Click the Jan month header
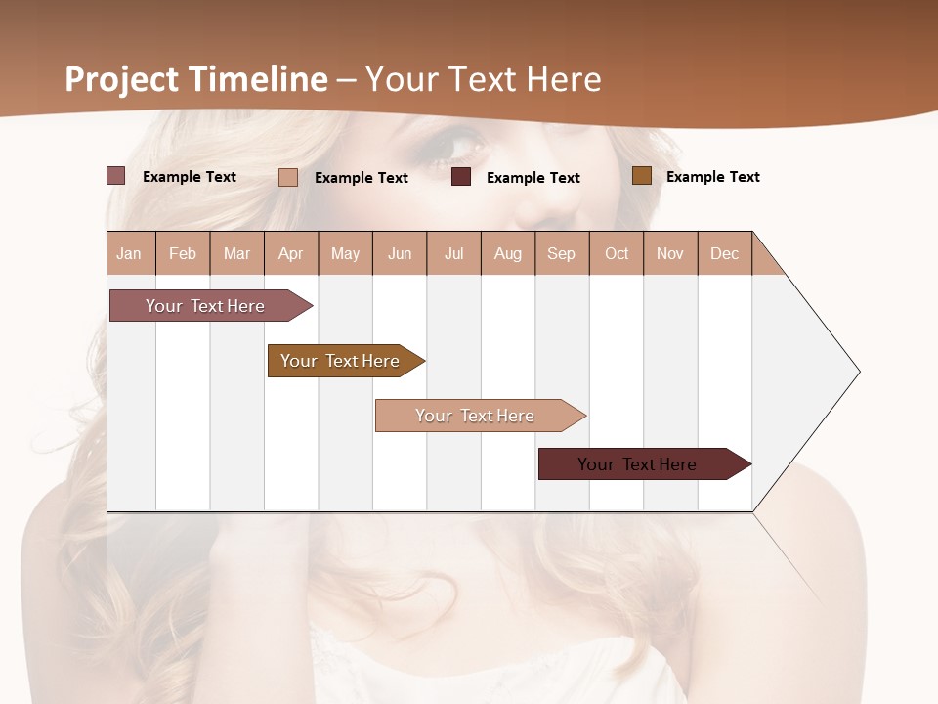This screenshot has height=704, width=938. click(130, 253)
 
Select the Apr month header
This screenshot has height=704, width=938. click(291, 253)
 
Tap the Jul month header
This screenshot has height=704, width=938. click(453, 253)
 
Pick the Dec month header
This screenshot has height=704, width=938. click(724, 253)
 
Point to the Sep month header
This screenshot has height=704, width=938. click(561, 253)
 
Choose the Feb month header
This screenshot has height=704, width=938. click(183, 253)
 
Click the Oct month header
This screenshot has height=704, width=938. click(617, 253)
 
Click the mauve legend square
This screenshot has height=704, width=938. click(115, 176)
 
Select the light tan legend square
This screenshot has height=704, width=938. click(288, 177)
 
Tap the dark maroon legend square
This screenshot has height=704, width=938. click(461, 177)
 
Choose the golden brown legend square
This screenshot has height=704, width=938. click(642, 176)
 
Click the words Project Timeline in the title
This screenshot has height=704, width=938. click(196, 79)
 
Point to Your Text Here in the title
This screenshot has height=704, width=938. click(484, 79)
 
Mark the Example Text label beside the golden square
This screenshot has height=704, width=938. click(712, 177)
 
